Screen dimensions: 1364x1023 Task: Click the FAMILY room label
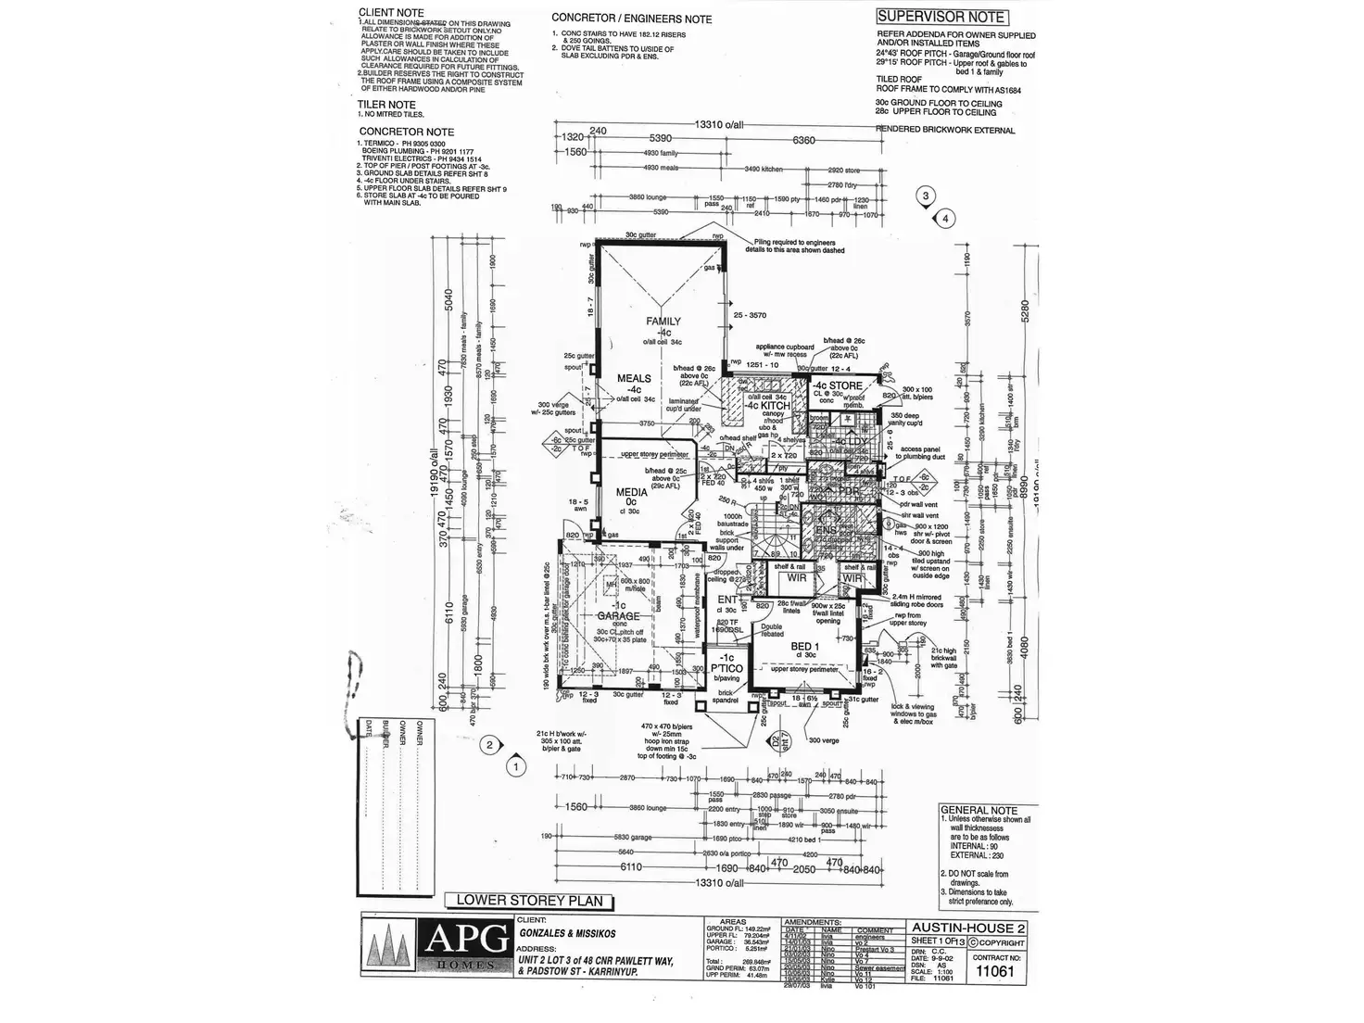click(x=664, y=322)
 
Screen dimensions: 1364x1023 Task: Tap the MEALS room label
click(x=635, y=378)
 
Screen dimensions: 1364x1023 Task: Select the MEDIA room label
click(x=632, y=494)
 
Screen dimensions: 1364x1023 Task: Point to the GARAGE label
click(x=617, y=615)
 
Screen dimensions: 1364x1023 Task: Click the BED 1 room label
click(x=802, y=645)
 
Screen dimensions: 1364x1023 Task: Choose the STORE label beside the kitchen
click(x=845, y=385)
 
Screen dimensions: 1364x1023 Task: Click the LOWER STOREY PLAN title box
click(x=528, y=900)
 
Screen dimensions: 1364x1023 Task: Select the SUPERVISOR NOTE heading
click(x=941, y=16)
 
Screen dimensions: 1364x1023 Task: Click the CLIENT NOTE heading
click(x=391, y=13)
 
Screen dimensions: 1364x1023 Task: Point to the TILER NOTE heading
click(x=386, y=105)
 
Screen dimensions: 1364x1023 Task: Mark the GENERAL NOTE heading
click(x=979, y=810)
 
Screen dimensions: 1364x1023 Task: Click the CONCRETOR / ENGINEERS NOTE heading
click(x=631, y=19)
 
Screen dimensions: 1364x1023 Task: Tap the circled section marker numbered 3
click(x=924, y=195)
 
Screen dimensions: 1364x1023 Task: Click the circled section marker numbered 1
click(x=514, y=766)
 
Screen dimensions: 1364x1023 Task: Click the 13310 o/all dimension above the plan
click(x=718, y=125)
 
